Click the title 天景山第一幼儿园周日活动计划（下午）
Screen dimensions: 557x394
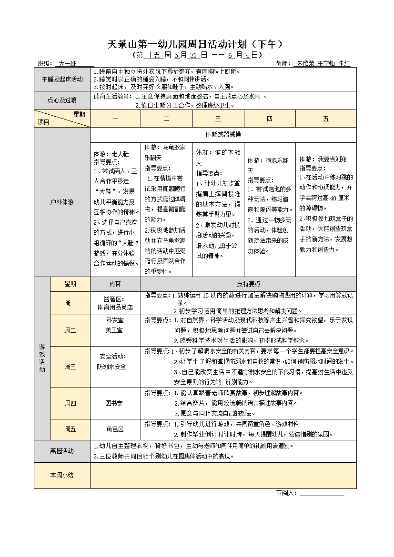click(197, 44)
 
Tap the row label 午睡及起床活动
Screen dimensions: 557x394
click(62, 79)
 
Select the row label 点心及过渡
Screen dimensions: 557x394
click(62, 100)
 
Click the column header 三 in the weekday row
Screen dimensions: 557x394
click(218, 119)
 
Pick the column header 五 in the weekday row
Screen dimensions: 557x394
click(326, 119)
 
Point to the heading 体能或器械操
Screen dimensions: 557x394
click(223, 134)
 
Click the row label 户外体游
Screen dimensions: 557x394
click(62, 202)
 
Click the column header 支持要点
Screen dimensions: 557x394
click(248, 284)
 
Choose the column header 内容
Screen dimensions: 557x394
click(115, 284)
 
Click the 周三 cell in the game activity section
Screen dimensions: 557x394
click(70, 367)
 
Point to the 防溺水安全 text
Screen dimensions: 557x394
click(112, 367)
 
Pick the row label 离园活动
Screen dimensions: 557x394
click(62, 450)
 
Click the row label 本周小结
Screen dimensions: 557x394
click(62, 475)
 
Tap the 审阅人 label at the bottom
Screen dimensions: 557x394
click(286, 493)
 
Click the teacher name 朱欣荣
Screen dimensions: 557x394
click(305, 63)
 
